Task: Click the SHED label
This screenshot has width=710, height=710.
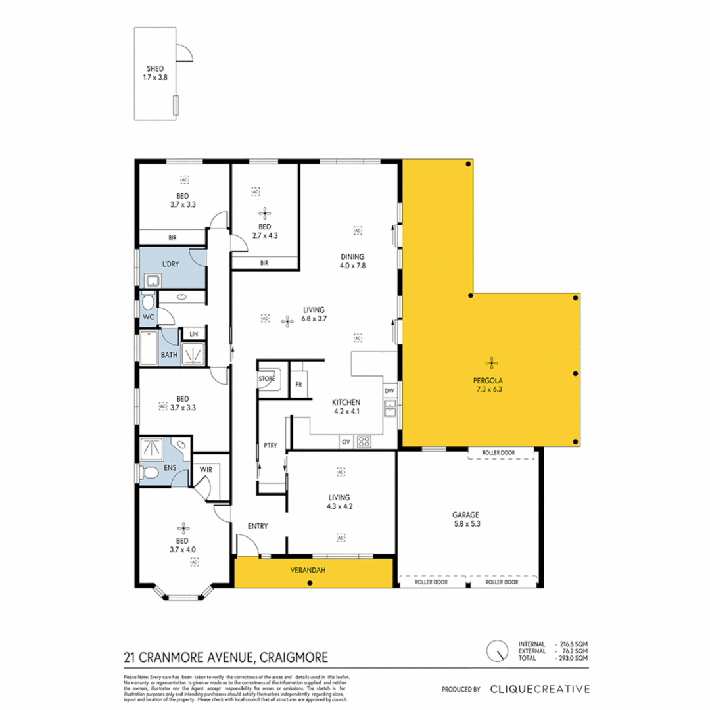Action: pos(154,68)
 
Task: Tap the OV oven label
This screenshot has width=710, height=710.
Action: pos(345,442)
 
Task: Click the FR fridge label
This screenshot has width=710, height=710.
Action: pos(299,384)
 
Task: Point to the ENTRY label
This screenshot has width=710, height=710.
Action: pos(257,526)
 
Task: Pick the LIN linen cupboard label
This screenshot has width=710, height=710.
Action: pos(193,334)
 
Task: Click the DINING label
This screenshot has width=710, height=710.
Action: pos(352,256)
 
